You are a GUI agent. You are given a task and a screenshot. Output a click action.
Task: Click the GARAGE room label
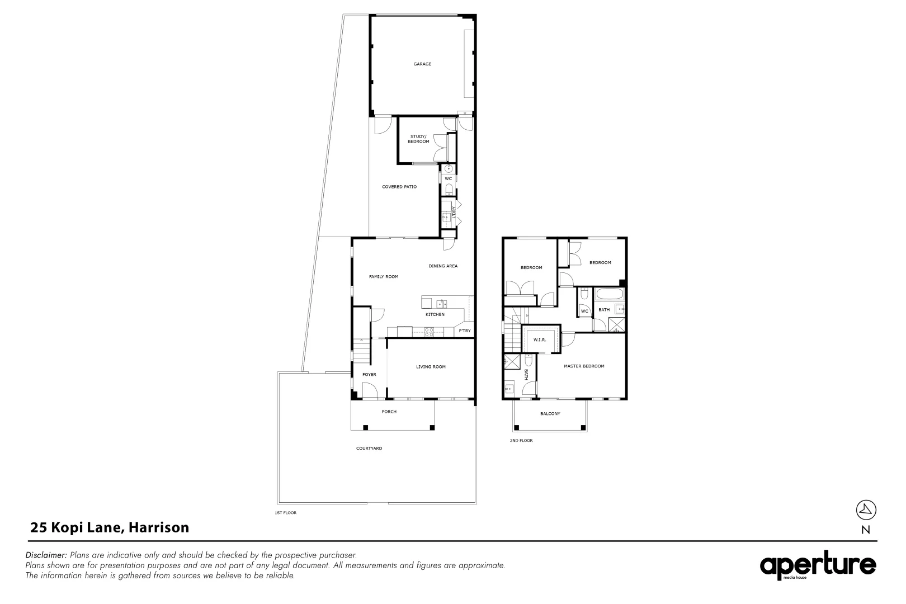422,64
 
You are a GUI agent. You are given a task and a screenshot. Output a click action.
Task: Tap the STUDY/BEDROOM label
418,139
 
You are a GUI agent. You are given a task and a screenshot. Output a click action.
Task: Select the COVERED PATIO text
399,187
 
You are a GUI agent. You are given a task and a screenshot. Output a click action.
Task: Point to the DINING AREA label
443,266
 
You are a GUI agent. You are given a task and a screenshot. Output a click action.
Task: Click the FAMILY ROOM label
384,277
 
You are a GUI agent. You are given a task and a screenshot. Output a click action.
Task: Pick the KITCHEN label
435,315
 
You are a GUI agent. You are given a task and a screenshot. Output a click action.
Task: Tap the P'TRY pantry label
465,331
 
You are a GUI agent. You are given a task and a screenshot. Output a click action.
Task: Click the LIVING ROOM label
431,367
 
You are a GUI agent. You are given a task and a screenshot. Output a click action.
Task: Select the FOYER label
369,375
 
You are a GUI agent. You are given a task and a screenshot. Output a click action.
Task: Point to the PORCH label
389,412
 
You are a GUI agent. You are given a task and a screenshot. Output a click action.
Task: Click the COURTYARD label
369,449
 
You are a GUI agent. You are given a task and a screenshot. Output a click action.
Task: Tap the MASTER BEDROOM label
584,366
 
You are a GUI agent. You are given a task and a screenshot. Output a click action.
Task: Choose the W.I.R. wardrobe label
540,340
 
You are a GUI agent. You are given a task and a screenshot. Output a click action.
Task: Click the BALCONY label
550,414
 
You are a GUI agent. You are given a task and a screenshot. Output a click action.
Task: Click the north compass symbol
866,509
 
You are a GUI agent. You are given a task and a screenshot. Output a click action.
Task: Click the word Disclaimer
46,555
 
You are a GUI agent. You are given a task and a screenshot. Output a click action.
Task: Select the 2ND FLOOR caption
521,441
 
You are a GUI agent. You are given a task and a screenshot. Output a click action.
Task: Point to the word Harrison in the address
159,527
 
